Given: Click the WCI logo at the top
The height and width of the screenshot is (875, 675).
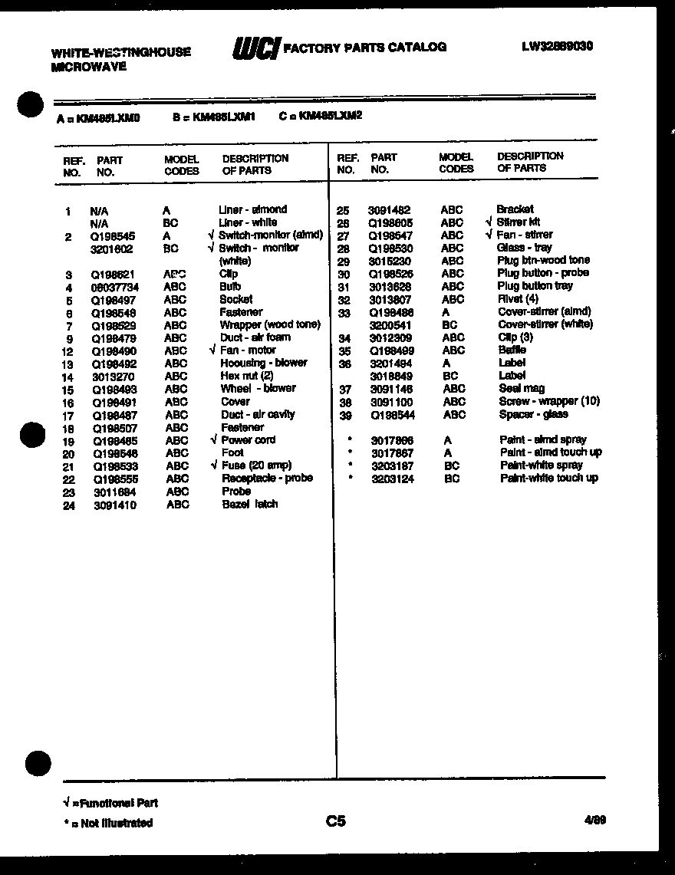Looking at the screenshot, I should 255,48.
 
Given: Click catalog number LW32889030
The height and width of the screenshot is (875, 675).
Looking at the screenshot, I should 557,45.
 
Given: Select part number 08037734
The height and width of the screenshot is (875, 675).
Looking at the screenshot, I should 115,287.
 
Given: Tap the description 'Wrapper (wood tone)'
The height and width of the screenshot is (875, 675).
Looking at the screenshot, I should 269,325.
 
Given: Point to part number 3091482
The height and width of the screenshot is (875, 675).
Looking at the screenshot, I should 389,209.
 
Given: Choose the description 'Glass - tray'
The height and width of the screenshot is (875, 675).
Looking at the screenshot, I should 524,248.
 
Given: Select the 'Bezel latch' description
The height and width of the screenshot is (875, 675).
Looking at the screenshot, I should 249,504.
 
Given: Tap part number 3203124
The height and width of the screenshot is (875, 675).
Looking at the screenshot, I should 392,479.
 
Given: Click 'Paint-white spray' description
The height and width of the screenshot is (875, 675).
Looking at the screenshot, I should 541,465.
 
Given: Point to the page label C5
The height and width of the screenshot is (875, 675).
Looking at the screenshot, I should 335,821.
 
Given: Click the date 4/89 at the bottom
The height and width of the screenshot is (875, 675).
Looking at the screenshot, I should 594,820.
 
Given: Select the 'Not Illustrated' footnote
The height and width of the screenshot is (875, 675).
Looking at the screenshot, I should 108,823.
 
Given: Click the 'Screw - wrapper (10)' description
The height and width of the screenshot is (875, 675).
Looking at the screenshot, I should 549,401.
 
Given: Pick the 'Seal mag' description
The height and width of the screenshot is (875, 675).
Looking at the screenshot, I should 521,389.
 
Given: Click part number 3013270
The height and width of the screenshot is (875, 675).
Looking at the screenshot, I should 114,377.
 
